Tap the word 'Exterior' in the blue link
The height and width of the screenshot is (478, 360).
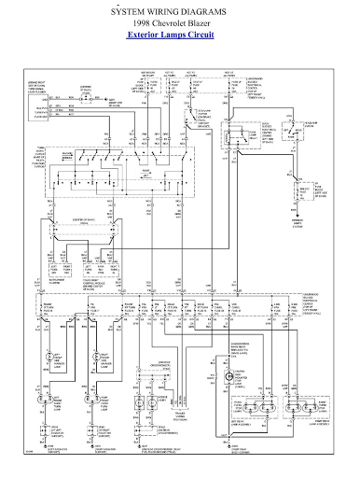pyautogui.click(x=146, y=34)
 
